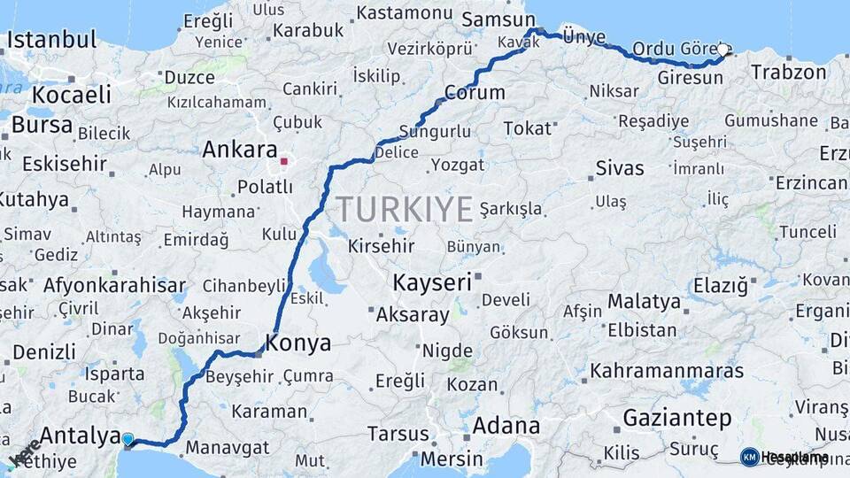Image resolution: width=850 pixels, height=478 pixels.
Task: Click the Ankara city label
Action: [239, 150]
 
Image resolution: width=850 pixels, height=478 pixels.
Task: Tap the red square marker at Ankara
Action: [283, 162]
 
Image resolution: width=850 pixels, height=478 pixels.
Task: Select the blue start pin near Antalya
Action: [128, 439]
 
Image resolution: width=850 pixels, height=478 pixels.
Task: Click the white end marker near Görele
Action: [722, 50]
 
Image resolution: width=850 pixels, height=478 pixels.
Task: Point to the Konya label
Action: [298, 343]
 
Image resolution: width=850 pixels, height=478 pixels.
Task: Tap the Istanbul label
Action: [51, 40]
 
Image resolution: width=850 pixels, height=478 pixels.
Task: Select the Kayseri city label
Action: [431, 282]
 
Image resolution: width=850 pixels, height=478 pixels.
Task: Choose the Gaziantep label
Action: [677, 418]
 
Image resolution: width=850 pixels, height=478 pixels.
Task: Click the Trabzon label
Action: [788, 72]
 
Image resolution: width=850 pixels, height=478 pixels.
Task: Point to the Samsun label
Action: [494, 19]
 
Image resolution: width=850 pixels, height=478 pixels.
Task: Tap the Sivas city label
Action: [620, 167]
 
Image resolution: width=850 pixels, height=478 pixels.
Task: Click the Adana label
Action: [506, 425]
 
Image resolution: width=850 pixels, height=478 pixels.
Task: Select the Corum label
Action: [475, 92]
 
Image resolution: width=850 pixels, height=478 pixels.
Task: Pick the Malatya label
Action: [644, 301]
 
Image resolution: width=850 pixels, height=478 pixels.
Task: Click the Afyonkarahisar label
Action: [114, 285]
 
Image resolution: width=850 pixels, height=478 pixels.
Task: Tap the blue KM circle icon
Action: [749, 457]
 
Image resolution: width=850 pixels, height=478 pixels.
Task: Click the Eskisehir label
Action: [64, 164]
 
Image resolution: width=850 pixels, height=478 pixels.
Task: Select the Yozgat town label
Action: [458, 165]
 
